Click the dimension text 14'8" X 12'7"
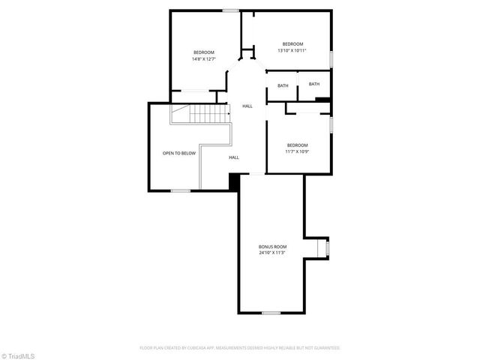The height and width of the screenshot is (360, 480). click(x=204, y=58)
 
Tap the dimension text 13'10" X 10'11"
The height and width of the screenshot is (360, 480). click(x=292, y=50)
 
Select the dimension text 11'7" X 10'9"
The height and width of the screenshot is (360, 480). click(x=297, y=151)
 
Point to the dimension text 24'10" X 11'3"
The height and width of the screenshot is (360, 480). click(x=272, y=253)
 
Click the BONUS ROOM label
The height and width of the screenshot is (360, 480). click(x=272, y=247)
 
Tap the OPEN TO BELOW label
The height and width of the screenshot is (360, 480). click(x=179, y=153)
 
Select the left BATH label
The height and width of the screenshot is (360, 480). click(x=283, y=85)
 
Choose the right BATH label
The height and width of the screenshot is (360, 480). click(x=313, y=84)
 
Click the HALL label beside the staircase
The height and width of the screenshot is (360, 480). click(x=247, y=106)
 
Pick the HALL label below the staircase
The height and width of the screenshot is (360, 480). click(x=234, y=157)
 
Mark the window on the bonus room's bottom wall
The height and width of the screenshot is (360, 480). click(x=271, y=313)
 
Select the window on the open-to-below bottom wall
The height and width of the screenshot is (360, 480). click(x=180, y=190)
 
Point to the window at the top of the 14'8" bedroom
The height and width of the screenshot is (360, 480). click(x=231, y=10)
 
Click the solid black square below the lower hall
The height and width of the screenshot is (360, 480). click(x=234, y=181)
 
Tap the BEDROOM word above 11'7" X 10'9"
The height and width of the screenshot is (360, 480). click(x=297, y=145)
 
